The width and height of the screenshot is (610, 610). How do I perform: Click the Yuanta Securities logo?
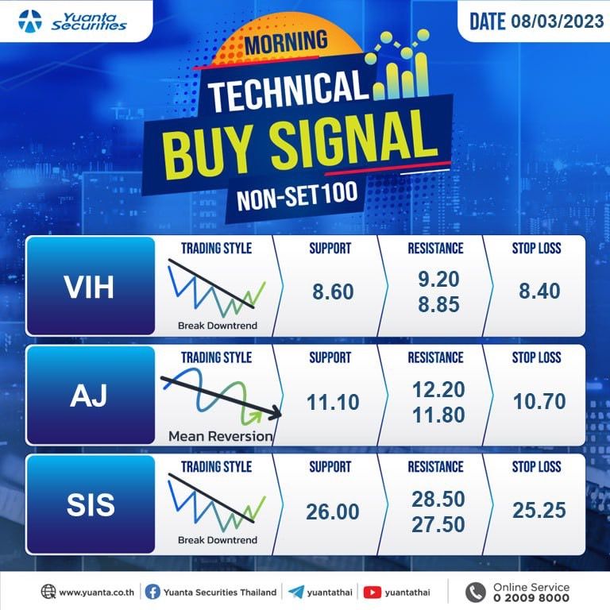pos(72,21)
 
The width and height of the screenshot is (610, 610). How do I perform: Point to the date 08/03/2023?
pos(557,21)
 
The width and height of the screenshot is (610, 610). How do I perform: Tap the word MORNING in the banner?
pos(286,43)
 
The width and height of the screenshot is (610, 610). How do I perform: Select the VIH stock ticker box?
pos(91,286)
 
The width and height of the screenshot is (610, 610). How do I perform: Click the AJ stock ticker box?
pos(91,396)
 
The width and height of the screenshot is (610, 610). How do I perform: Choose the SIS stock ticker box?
pos(91,504)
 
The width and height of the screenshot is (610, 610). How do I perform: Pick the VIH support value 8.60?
pos(333,291)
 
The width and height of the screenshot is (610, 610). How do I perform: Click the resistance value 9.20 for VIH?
pos(438,279)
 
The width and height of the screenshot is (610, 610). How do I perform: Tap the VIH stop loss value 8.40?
pos(539,291)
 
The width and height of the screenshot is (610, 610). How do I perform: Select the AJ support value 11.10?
pos(333,402)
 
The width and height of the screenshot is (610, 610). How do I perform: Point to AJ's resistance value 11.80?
pos(438,415)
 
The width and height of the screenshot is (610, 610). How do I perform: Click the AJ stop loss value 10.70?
pos(539,401)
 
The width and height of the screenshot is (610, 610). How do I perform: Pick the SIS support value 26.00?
pos(332,512)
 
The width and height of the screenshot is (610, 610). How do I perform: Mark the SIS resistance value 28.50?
pos(438,499)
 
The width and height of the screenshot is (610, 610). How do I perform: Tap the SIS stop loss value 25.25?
pos(539,510)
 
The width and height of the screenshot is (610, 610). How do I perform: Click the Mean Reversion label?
pos(220,436)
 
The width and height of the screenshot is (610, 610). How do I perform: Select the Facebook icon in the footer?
pos(152,592)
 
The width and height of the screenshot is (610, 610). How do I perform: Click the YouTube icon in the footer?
pos(373,592)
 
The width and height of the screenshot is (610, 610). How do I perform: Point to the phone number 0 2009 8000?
pos(531,598)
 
